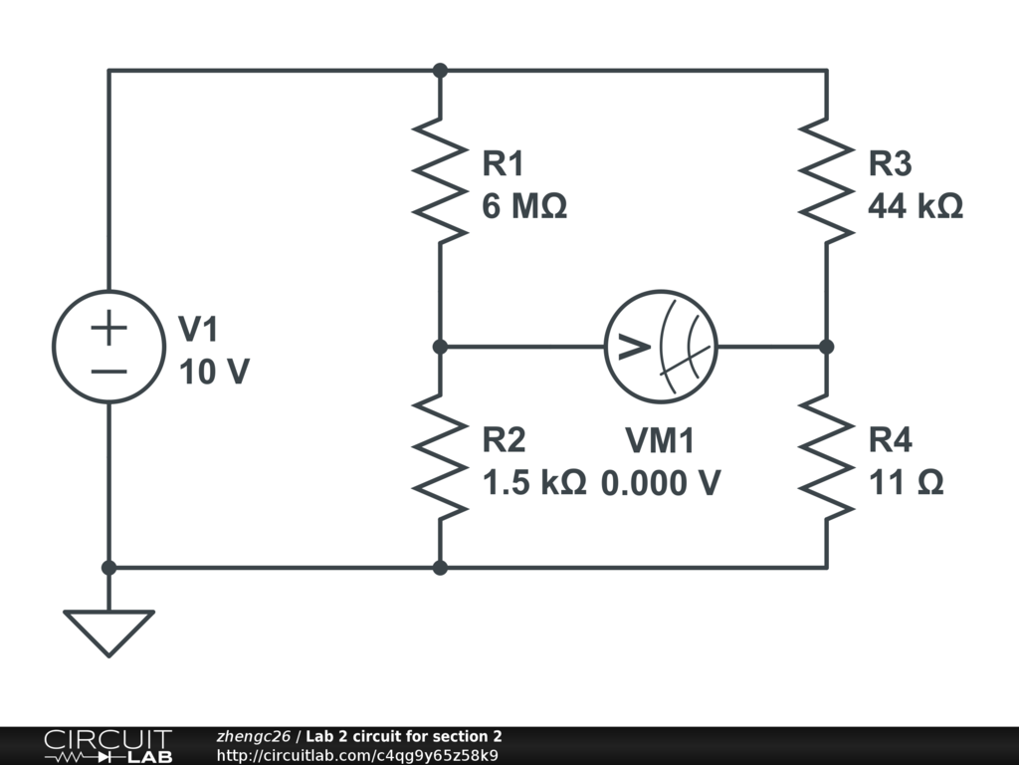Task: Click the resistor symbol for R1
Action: (x=440, y=179)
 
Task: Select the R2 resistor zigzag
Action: (x=440, y=456)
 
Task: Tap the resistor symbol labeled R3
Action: (x=827, y=179)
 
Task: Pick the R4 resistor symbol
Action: (x=827, y=456)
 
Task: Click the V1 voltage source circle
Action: (x=108, y=347)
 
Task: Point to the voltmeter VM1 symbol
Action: (x=661, y=347)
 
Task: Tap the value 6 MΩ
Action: (x=524, y=207)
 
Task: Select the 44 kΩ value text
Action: (x=916, y=207)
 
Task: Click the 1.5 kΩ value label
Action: (x=533, y=483)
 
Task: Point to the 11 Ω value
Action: (x=906, y=483)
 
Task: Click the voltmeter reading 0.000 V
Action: (x=661, y=483)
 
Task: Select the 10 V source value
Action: (x=214, y=372)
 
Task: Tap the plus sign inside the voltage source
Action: (x=108, y=328)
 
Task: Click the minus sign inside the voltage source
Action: (x=108, y=372)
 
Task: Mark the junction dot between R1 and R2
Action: (x=440, y=347)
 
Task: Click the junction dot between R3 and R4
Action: (x=827, y=347)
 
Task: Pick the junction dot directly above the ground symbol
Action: (x=108, y=568)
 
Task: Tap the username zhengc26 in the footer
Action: (x=253, y=736)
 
